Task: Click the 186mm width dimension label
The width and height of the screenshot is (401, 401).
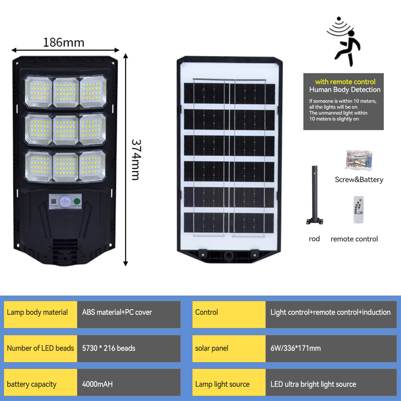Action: (x=64, y=43)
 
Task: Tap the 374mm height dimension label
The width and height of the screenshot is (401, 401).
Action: (x=136, y=160)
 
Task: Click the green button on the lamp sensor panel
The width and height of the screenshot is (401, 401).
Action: (x=77, y=201)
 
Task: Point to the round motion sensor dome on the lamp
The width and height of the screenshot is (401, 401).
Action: (x=65, y=201)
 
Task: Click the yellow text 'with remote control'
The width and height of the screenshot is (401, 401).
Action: (x=345, y=82)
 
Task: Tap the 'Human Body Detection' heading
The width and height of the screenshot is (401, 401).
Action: (x=345, y=90)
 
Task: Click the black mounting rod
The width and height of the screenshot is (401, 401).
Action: (x=314, y=195)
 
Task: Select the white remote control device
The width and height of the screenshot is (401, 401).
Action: (x=358, y=210)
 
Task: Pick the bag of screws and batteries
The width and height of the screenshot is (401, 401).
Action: (x=358, y=160)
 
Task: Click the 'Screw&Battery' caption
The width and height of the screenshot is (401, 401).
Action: (x=359, y=180)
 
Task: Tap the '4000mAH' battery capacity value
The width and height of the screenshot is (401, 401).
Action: (x=97, y=384)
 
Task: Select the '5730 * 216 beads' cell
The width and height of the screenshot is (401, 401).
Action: (x=129, y=348)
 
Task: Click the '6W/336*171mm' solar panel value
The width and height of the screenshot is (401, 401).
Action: (x=296, y=348)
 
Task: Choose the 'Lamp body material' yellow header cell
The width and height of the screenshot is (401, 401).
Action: (x=41, y=314)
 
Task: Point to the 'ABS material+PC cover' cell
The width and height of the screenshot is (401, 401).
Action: (x=129, y=314)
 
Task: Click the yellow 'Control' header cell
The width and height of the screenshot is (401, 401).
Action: (x=229, y=314)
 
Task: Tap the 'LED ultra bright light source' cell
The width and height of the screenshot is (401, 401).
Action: (x=331, y=382)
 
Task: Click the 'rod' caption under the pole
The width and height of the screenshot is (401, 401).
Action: (x=314, y=239)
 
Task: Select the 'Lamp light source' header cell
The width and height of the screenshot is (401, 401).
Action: (x=229, y=382)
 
